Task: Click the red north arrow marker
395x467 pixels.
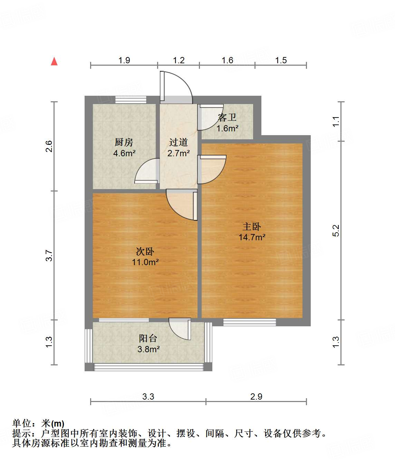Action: click(x=54, y=62)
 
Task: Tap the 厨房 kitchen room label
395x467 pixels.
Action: click(x=124, y=142)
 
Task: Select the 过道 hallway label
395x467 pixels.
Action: click(x=178, y=142)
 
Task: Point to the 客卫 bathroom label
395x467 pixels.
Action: click(x=227, y=118)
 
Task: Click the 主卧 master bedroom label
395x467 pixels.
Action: click(x=252, y=226)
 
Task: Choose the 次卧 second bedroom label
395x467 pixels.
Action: click(x=145, y=251)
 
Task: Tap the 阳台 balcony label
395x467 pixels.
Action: click(x=148, y=338)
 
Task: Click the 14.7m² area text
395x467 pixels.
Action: click(x=252, y=237)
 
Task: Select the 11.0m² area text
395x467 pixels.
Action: click(x=145, y=262)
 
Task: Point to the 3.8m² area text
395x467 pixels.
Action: click(x=148, y=349)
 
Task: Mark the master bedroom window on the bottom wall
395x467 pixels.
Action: click(x=249, y=322)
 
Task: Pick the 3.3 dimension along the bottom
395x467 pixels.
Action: click(x=148, y=396)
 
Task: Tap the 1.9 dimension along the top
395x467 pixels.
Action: click(x=124, y=60)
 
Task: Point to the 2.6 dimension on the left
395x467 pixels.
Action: click(x=49, y=146)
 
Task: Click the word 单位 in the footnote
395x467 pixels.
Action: click(x=22, y=423)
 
